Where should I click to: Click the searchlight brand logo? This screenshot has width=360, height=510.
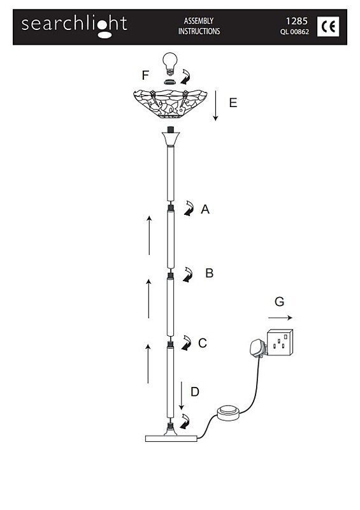74,26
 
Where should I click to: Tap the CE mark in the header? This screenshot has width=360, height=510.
328,26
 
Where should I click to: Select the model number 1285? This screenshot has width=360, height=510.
296,21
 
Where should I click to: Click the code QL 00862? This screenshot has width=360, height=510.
294,32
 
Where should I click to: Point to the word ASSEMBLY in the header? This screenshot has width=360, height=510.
199,21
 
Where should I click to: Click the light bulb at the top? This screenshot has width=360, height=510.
169,64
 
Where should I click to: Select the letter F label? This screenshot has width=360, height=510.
145,75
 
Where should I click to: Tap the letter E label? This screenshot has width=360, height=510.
233,103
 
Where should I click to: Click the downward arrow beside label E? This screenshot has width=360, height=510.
215,106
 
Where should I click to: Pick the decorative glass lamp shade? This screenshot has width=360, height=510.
170,103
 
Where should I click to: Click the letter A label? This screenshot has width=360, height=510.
205,209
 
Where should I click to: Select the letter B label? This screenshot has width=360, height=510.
210,273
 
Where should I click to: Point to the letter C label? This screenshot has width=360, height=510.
202,343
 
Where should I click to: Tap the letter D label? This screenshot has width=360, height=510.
195,391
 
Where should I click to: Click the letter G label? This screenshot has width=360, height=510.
279,302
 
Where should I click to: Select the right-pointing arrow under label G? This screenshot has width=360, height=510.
280,317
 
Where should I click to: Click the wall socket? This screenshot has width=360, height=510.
280,342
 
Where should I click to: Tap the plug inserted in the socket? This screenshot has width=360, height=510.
258,348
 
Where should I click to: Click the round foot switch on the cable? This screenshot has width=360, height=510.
229,413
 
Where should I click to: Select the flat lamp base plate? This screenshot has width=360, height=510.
171,438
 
